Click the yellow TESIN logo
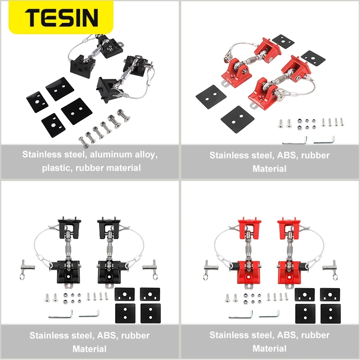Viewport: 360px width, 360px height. pos(62,17)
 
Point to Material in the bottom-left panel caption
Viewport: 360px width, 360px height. pos(90,349)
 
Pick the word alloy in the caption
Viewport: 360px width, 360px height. pos(145,155)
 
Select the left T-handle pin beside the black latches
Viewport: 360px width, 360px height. pos(25,268)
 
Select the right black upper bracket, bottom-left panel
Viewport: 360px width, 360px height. pos(108,227)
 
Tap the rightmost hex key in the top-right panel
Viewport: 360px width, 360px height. pos(325,140)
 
